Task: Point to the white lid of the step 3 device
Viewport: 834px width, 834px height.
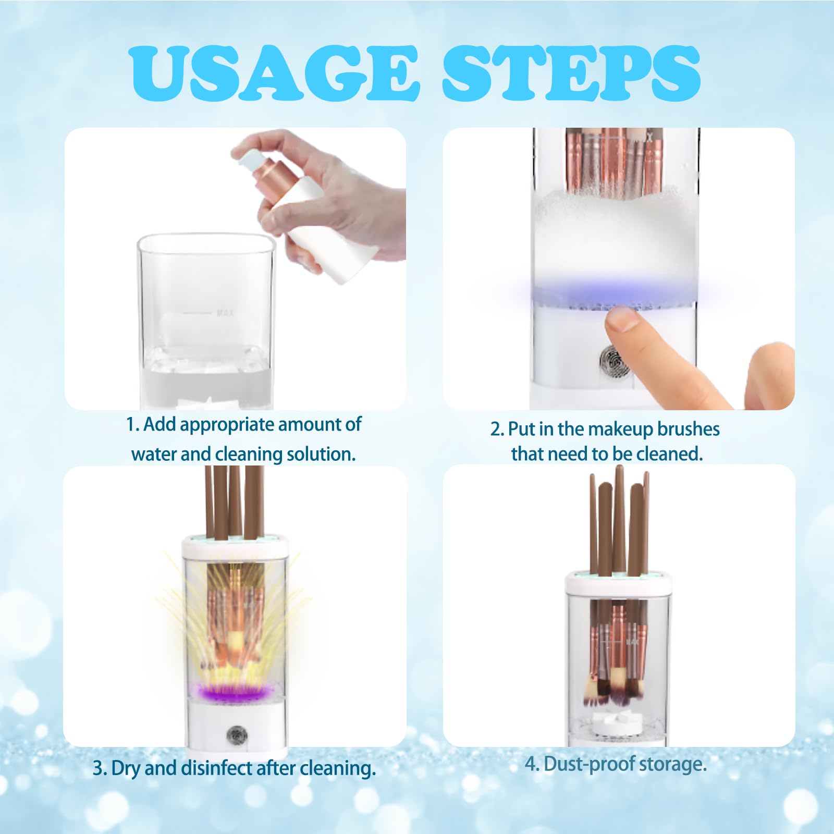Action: [235, 548]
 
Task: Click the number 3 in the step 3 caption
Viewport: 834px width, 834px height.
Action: [97, 769]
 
